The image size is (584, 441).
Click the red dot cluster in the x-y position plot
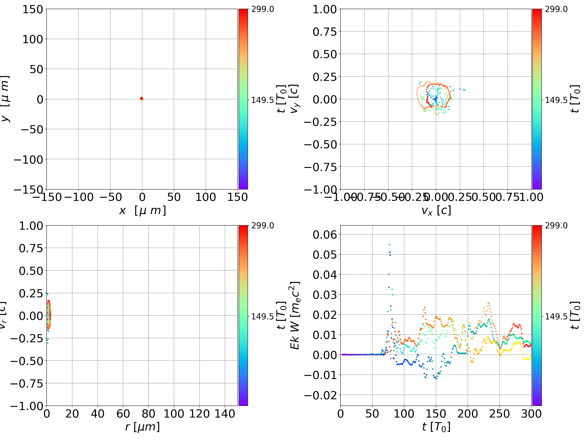[142, 98]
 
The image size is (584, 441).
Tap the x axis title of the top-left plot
[142, 210]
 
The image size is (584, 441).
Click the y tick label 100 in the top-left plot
[32, 39]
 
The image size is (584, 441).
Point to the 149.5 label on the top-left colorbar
[262, 100]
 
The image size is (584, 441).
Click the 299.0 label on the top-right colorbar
[556, 9]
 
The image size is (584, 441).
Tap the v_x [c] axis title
[436, 210]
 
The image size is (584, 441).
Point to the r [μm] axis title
[142, 427]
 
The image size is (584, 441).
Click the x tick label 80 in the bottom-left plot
[148, 414]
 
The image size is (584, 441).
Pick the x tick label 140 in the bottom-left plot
[225, 414]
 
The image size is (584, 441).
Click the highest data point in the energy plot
[389, 245]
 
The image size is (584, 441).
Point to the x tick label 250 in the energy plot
[499, 414]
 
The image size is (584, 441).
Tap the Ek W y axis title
[295, 315]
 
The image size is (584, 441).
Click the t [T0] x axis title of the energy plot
[436, 427]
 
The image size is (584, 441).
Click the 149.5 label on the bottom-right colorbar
[556, 316]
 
